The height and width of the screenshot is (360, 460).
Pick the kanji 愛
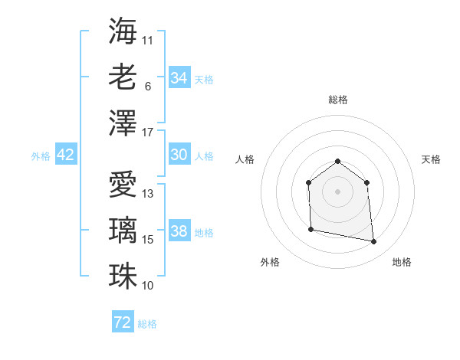click(123, 183)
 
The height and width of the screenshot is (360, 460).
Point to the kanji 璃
click(123, 229)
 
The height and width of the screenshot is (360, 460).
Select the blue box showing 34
click(179, 78)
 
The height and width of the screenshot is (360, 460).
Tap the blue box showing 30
click(179, 155)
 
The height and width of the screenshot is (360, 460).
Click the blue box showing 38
click(179, 231)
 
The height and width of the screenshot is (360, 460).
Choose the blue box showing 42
click(66, 155)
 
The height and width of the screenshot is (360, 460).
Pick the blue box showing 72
click(123, 322)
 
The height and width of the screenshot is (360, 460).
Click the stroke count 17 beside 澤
click(148, 133)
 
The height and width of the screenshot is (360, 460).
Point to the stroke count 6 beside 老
click(147, 87)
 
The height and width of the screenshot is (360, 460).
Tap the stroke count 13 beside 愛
click(148, 194)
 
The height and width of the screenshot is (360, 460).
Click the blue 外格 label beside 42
click(41, 156)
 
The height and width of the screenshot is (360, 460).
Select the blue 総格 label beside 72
click(147, 324)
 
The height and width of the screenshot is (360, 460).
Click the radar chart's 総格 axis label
click(337, 100)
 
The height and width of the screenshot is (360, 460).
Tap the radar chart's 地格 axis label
click(402, 262)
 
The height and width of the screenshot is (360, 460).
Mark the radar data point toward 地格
click(373, 242)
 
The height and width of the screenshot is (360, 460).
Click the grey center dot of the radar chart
click(337, 191)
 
